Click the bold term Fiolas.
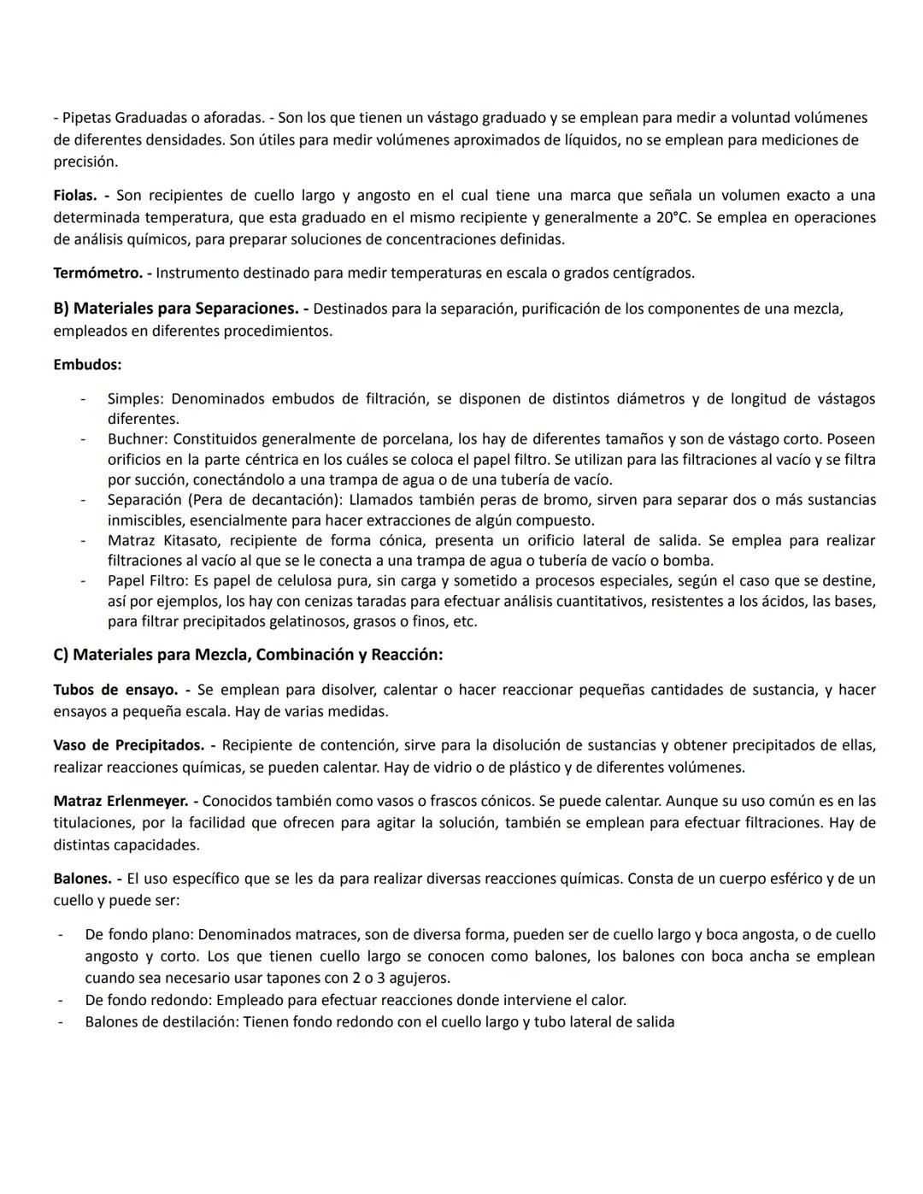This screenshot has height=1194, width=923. (x=74, y=196)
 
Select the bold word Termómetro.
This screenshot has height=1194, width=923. (x=97, y=274)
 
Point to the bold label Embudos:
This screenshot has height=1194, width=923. (x=87, y=365)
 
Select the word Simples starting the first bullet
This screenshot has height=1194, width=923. (x=136, y=399)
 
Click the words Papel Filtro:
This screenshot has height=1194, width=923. (x=149, y=581)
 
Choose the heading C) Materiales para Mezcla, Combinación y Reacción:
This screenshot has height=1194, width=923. (x=248, y=655)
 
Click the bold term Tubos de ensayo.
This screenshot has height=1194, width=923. (x=115, y=690)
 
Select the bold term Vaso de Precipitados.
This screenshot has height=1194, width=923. (x=128, y=745)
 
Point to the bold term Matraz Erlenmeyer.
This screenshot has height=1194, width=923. (x=121, y=802)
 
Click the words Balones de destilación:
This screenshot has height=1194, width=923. (x=162, y=1021)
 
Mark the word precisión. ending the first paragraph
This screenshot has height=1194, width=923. (x=85, y=162)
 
